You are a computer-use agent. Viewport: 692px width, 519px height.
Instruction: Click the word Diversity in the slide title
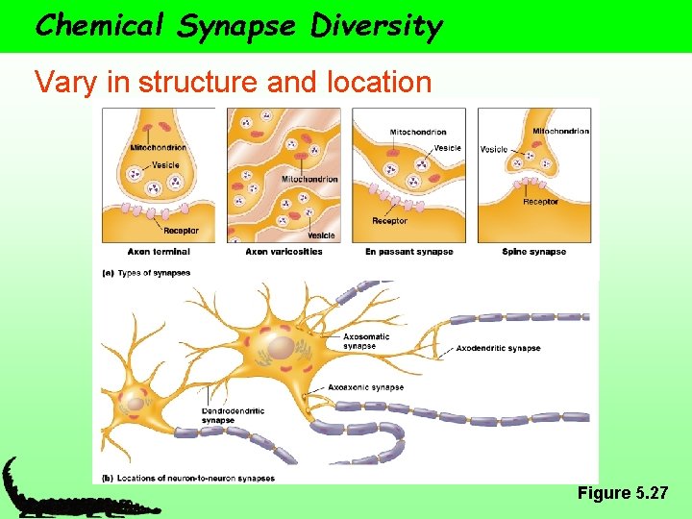pos(376,25)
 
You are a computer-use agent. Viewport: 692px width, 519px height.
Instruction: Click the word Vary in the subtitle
pos(64,83)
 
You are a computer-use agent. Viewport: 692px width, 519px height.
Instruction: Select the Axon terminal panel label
pos(159,252)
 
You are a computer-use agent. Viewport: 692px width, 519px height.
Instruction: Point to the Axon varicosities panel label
pos(284,252)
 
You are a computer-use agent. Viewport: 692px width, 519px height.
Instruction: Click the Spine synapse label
pos(533,252)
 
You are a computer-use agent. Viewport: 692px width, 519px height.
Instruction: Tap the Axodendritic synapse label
pos(498,348)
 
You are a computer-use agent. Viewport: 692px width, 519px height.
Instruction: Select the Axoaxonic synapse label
pos(365,387)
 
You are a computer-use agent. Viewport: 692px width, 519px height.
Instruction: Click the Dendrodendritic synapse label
pos(233,415)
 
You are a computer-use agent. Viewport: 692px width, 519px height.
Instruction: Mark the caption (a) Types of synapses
pos(146,273)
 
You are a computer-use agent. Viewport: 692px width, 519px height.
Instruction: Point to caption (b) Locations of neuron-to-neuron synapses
pos(188,478)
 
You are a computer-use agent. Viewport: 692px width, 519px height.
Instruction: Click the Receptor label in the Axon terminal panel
pos(181,231)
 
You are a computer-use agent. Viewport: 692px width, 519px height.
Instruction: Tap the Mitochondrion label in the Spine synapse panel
pos(560,131)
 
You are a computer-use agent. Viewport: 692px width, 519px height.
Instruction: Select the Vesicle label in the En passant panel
pos(447,148)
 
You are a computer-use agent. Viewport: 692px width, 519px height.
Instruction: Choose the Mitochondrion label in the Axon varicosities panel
pos(309,180)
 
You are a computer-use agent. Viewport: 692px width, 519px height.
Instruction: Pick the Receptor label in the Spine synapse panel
pos(540,202)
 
